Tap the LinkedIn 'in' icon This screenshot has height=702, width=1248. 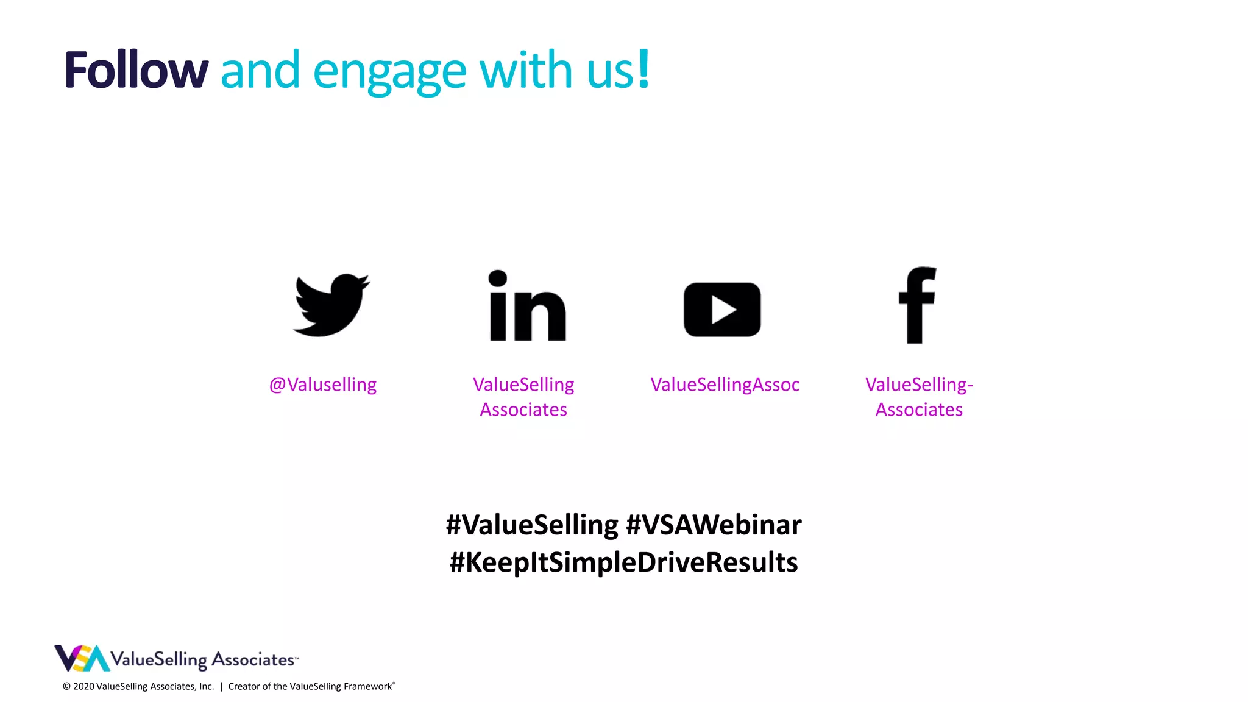pos(528,306)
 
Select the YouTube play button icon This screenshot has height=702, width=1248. pos(722,310)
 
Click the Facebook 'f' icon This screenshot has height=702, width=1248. pos(917,305)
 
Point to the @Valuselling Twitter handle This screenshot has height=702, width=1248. pos(323,385)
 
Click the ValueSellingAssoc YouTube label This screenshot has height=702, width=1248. pos(725,385)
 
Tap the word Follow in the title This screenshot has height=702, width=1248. pos(136,71)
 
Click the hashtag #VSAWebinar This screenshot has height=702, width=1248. pos(714,525)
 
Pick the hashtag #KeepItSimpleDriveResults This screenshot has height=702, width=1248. pos(623,562)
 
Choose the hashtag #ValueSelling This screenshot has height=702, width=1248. pos(532,525)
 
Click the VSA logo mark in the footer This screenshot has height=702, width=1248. pos(82,658)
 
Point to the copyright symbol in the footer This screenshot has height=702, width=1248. pos(66,687)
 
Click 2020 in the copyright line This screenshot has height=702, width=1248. pos(83,687)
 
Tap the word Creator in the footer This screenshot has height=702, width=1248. pos(243,687)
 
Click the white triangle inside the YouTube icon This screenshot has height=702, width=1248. pos(724,310)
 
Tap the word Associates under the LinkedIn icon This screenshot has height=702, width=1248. pos(523,409)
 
